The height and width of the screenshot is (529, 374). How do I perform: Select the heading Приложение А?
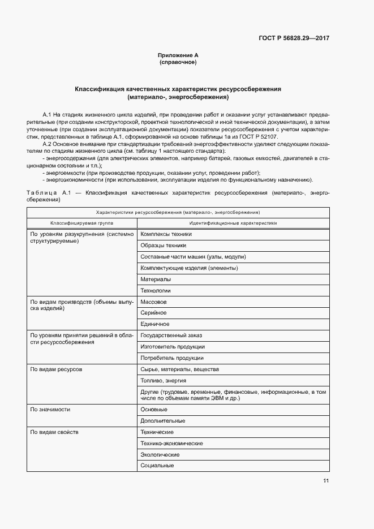pos(178,55)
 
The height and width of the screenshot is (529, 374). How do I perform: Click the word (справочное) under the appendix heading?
pos(178,62)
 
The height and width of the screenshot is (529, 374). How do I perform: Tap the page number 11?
pos(326,481)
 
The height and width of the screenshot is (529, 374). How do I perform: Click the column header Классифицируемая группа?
pos(81,223)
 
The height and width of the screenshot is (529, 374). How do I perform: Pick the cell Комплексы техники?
pos(166,234)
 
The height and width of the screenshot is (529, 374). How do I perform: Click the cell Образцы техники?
pos(163,246)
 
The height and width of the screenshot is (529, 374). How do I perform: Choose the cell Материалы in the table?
pos(156,279)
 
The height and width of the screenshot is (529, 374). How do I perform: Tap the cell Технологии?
pos(156,290)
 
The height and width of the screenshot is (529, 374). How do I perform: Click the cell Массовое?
pos(153,302)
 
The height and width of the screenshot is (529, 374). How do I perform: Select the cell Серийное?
pos(153,313)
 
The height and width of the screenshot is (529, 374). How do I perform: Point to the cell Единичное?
pos(155,324)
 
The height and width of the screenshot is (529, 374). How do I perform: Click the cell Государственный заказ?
pos(171,336)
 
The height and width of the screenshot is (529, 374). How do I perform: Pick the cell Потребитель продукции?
pos(172,358)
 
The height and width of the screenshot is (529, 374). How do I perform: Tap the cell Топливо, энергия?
pos(164,381)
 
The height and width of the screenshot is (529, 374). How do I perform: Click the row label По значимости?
pos(50,409)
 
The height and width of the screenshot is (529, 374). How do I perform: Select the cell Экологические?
pos(160,454)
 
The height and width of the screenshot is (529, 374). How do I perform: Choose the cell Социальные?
pos(157,466)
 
